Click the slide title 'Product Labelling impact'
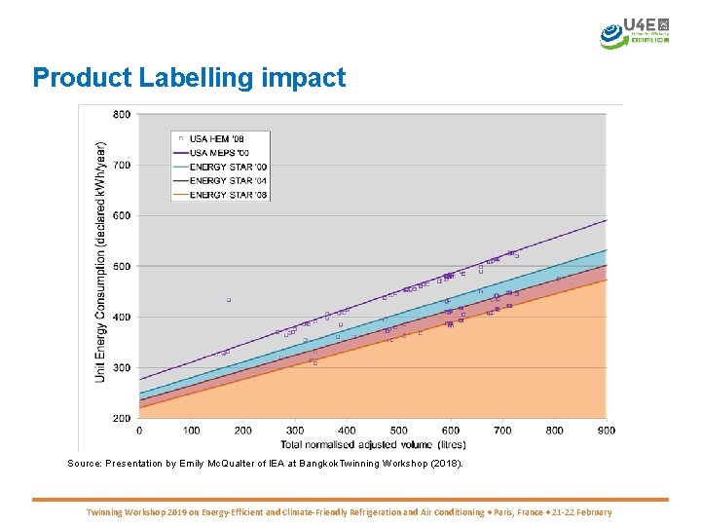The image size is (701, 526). (x=189, y=78)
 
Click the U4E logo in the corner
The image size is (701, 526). (x=636, y=32)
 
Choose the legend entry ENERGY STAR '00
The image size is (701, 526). (x=228, y=168)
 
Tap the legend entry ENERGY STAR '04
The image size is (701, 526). (x=228, y=181)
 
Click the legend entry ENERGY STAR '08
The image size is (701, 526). (x=228, y=195)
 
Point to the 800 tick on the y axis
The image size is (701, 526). (x=122, y=114)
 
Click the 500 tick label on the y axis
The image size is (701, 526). (x=122, y=266)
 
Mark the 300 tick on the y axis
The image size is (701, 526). (x=122, y=367)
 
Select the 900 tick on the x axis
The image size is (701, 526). (x=607, y=430)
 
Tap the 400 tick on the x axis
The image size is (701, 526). (x=347, y=430)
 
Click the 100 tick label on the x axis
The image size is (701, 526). (x=191, y=430)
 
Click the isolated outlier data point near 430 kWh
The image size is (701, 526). (x=229, y=300)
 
